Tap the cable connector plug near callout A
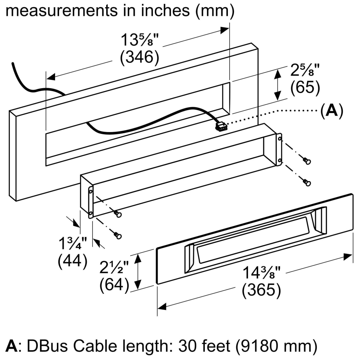coord(221,126)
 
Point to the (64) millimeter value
coord(114,285)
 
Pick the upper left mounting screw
coord(117,215)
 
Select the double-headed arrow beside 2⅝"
coord(278,85)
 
